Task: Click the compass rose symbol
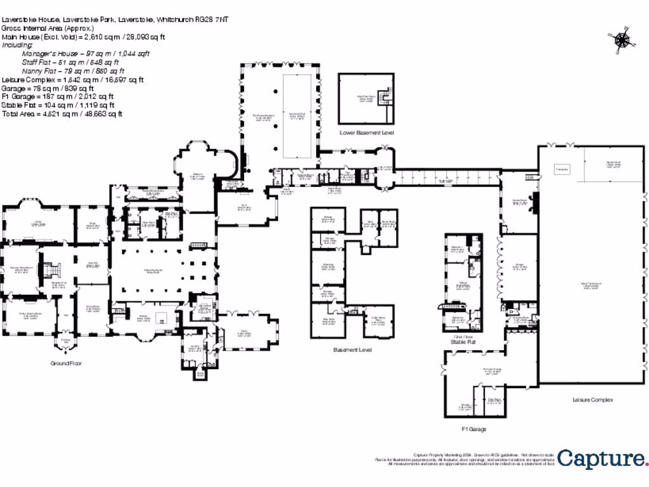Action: (622, 39)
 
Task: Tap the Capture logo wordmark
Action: (601, 458)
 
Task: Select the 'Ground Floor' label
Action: (67, 363)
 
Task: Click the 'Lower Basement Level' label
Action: (367, 133)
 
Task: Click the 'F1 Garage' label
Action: (473, 429)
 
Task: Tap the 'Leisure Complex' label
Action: (593, 400)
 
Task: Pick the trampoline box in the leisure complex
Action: (562, 169)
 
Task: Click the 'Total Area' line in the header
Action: (62, 114)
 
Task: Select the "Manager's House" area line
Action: (86, 55)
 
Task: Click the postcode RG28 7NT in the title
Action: (214, 20)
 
